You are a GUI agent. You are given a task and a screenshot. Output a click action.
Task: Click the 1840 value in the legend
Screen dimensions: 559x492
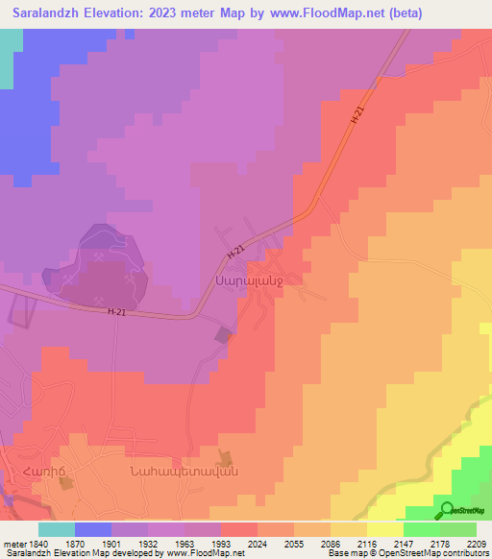(37, 543)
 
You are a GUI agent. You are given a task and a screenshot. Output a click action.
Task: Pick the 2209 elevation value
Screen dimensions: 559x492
(477, 543)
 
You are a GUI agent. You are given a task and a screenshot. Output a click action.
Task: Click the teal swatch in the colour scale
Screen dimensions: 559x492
(57, 529)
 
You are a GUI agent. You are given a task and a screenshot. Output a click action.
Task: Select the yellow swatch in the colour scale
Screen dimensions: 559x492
(385, 529)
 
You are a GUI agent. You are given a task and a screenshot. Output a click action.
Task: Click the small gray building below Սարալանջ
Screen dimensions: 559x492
(224, 334)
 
